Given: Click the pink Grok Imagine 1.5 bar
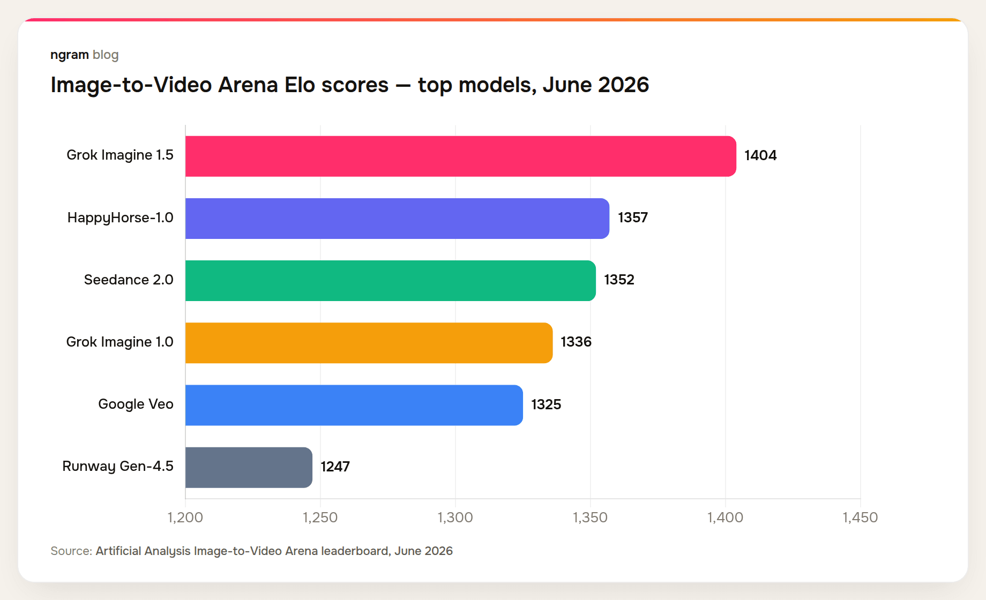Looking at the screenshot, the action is click(461, 156).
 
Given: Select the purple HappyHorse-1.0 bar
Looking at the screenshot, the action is click(397, 219).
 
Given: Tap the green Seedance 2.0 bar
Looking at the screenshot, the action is click(391, 281).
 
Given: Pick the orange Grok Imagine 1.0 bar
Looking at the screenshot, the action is click(369, 343).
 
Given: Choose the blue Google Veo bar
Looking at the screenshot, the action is click(354, 405).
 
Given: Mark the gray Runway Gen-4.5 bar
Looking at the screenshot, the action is click(249, 467).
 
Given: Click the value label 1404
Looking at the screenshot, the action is click(760, 156).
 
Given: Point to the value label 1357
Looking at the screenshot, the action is click(633, 218).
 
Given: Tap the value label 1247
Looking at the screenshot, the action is click(335, 467).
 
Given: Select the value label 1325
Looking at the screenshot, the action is click(546, 404).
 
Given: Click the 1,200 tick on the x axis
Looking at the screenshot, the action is click(185, 517).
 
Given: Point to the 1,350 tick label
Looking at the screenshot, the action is click(591, 517).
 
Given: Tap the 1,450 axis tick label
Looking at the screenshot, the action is click(861, 517).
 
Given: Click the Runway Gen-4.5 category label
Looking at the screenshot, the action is click(118, 467).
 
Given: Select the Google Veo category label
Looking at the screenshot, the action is click(136, 404).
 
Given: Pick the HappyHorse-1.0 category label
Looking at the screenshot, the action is click(121, 218).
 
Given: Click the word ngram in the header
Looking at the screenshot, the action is click(70, 55).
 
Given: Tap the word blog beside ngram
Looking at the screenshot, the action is click(106, 55).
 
